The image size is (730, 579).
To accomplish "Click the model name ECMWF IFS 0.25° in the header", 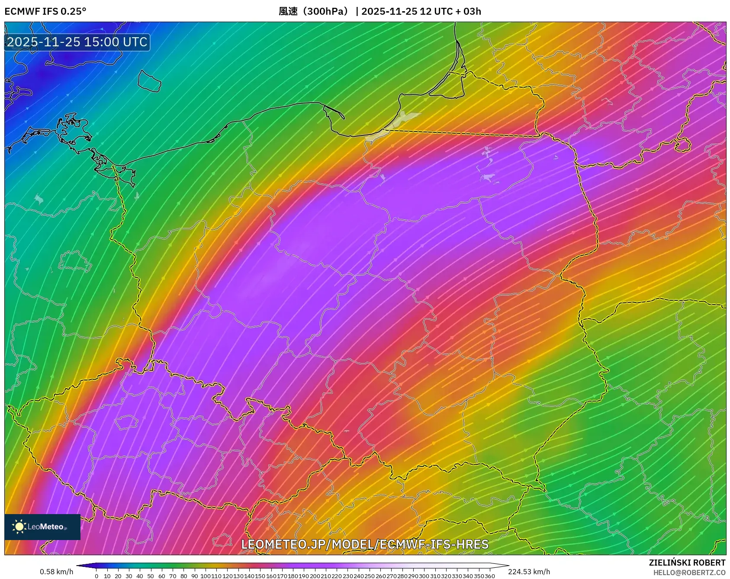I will point(45,11).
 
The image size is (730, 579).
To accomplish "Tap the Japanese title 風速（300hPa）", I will point(313,11).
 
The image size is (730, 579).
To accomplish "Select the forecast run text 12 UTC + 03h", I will point(450,11).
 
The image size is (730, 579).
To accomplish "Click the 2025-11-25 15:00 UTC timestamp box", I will point(77,42).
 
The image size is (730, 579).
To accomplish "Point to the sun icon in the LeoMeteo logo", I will point(19,527).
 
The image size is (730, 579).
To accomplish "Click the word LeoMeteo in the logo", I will point(46,527).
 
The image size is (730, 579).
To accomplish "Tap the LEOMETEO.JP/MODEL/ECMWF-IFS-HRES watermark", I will point(365,544).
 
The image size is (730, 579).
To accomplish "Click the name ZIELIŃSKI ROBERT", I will point(687,563).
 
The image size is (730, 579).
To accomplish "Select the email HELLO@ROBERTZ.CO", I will point(689,573).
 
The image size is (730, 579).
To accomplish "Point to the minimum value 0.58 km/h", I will point(56,572).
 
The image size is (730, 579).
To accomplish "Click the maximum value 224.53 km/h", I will point(529,572).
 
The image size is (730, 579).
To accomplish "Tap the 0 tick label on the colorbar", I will point(96,576).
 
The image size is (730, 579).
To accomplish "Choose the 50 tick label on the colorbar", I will point(151,576).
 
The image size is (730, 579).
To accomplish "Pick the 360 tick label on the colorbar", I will point(489,576).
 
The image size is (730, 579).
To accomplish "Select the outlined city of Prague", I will point(126,422).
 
